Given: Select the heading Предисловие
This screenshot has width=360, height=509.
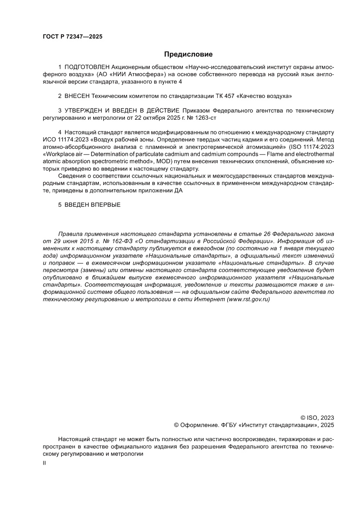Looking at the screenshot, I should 188,54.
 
